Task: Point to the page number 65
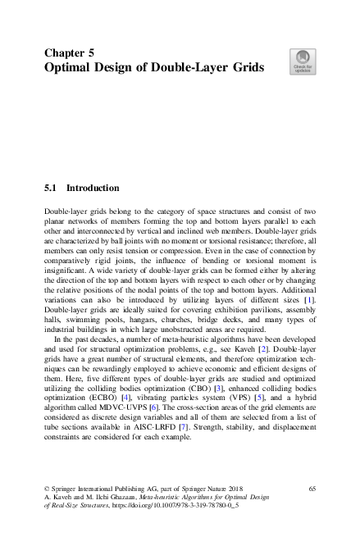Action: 312,489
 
